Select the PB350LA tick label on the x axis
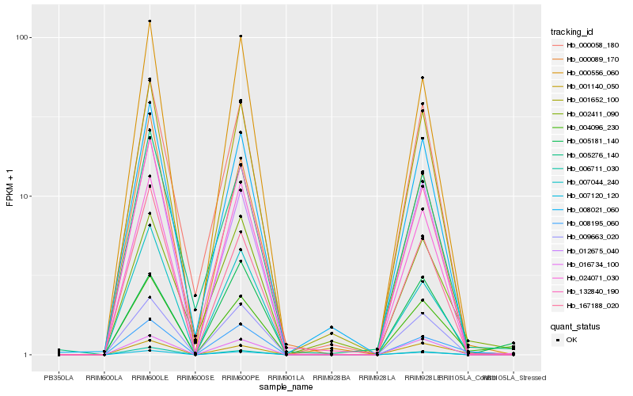coord(59,378)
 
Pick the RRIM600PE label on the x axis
coord(241,378)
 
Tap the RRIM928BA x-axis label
coord(332,378)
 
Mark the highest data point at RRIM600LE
coord(150,21)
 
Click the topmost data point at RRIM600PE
coord(241,36)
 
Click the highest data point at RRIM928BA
coord(332,327)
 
